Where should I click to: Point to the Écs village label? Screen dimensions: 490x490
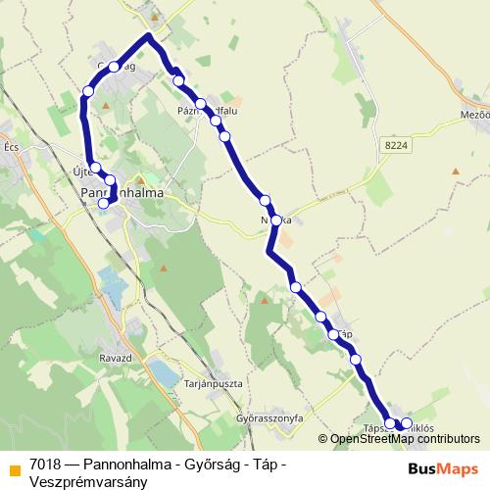point(12,147)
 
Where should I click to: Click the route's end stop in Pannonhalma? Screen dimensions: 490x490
point(104,204)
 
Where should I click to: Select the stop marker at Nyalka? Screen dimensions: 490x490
point(277,220)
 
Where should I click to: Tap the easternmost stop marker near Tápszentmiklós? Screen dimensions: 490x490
point(407,423)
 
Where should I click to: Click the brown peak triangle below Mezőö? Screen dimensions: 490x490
point(455,171)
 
